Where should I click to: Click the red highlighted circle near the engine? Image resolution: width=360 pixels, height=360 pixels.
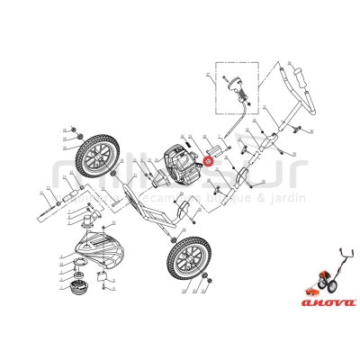208,162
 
